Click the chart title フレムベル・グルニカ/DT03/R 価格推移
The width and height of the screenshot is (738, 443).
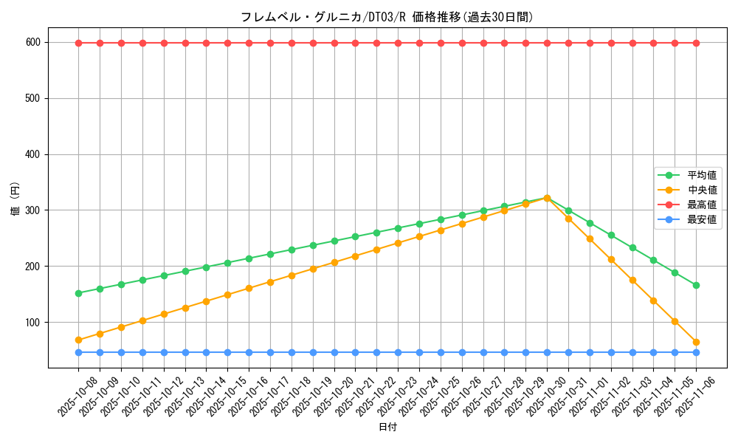pyautogui.click(x=387, y=17)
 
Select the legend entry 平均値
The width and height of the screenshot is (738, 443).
pyautogui.click(x=701, y=176)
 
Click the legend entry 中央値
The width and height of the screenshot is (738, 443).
pyautogui.click(x=701, y=190)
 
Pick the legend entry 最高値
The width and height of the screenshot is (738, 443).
pyautogui.click(x=701, y=205)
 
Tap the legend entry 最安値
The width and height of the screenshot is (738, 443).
pyautogui.click(x=701, y=219)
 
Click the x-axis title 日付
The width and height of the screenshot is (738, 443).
pyautogui.click(x=387, y=427)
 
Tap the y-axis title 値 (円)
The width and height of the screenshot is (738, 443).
pyautogui.click(x=15, y=200)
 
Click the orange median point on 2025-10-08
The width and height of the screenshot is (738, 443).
pyautogui.click(x=78, y=340)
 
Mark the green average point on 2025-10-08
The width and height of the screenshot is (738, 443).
pyautogui.click(x=78, y=293)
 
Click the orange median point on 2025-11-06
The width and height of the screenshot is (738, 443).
pyautogui.click(x=696, y=342)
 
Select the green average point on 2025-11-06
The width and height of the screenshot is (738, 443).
pyautogui.click(x=696, y=285)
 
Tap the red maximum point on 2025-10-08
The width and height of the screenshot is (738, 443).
pyautogui.click(x=78, y=43)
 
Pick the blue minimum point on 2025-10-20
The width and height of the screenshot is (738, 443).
pyautogui.click(x=334, y=352)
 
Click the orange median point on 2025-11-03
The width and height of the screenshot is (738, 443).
pyautogui.click(x=632, y=281)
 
